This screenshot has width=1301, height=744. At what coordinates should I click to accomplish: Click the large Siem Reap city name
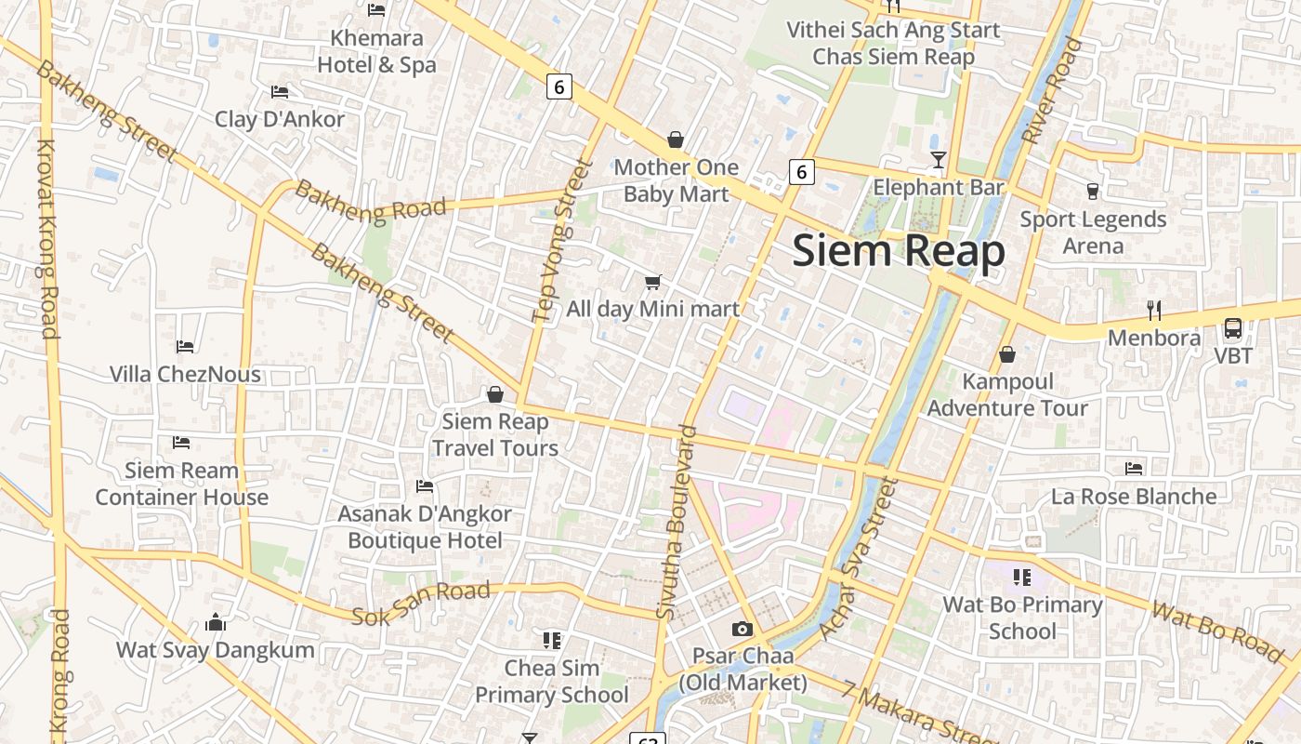(899, 251)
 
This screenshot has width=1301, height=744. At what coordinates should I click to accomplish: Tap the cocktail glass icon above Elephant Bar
(939, 160)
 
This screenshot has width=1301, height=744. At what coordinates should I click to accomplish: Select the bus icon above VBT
(1233, 328)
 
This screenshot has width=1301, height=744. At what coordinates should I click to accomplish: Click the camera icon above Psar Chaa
(742, 630)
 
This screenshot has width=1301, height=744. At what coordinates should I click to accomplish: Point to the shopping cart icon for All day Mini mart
(653, 282)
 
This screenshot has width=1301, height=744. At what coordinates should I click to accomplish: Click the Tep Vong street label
(562, 241)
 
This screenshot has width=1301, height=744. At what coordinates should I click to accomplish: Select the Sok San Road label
(421, 604)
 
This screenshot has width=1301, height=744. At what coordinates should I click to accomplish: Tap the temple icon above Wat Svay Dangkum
(216, 622)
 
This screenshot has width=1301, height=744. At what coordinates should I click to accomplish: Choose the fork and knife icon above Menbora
(1154, 310)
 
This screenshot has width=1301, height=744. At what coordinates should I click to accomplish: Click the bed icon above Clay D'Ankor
(280, 92)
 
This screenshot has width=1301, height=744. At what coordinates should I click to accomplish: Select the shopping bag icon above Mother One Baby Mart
(676, 140)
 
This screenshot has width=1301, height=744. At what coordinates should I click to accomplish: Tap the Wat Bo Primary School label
(1022, 618)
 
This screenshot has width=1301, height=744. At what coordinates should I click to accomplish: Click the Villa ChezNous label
(185, 374)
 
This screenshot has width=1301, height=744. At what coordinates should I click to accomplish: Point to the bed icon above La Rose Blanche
(1134, 469)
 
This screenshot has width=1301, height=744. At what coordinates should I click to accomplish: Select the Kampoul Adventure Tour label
(1007, 394)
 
